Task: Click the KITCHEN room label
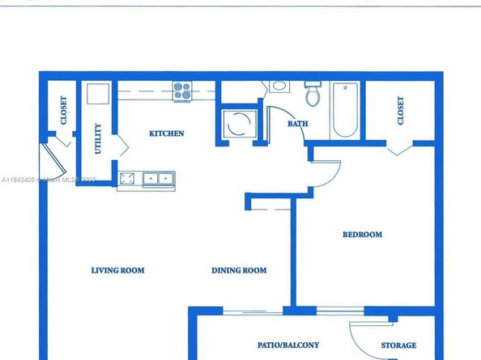click(x=167, y=133)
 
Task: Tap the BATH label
click(x=296, y=124)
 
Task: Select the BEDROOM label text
click(x=362, y=235)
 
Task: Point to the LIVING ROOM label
click(x=117, y=270)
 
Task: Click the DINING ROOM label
click(x=239, y=270)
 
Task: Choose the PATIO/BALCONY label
click(x=288, y=345)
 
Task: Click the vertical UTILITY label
click(x=98, y=138)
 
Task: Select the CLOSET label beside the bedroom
click(x=401, y=111)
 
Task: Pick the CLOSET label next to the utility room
click(x=64, y=111)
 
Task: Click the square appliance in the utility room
click(x=98, y=95)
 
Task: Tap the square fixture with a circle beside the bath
click(x=238, y=126)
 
